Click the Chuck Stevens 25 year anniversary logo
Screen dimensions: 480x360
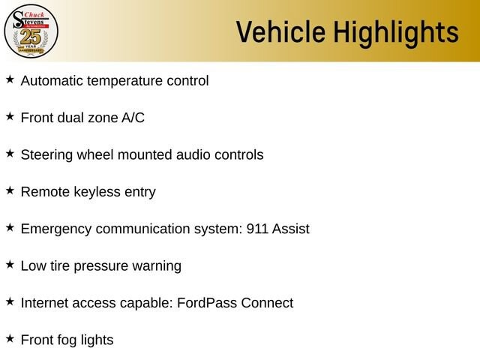pyautogui.click(x=31, y=31)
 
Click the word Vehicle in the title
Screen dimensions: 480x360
pyautogui.click(x=280, y=31)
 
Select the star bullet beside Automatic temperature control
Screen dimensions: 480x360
pyautogui.click(x=10, y=79)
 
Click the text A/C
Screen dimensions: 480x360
pyautogui.click(x=133, y=118)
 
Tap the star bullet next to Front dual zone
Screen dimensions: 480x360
pyautogui.click(x=10, y=116)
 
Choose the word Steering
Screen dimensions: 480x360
pyautogui.click(x=46, y=155)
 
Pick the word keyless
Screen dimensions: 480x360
pyautogui.click(x=97, y=192)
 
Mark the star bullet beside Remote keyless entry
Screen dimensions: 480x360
pyautogui.click(x=10, y=190)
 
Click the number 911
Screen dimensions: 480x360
pyautogui.click(x=257, y=229)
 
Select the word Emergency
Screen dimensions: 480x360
pyautogui.click(x=56, y=229)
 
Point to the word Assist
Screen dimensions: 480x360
pyautogui.click(x=291, y=229)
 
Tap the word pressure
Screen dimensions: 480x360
pyautogui.click(x=101, y=266)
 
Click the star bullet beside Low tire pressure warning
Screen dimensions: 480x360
pyautogui.click(x=10, y=265)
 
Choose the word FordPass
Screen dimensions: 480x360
pyautogui.click(x=207, y=303)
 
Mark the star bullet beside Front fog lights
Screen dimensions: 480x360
pyautogui.click(x=10, y=338)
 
